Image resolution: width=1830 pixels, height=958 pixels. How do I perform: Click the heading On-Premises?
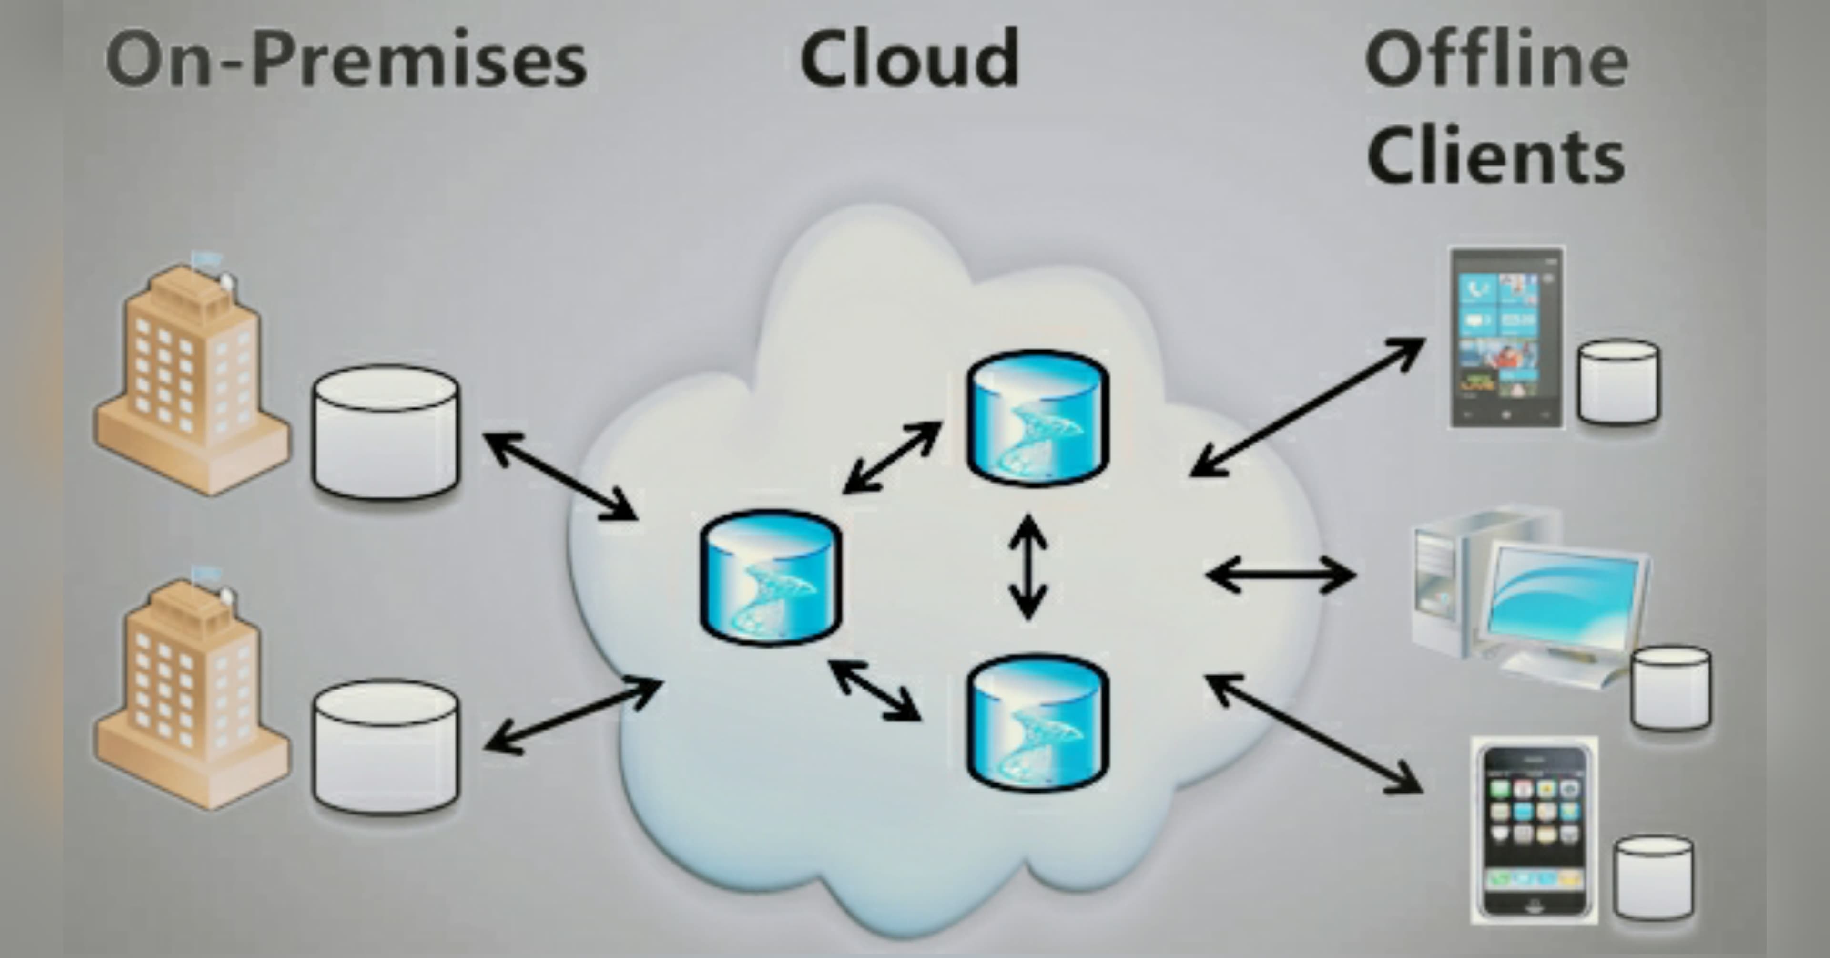pos(346,61)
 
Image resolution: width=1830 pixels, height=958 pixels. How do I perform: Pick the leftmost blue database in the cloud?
pos(771,577)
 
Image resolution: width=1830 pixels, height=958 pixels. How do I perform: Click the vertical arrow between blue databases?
pos(1028,567)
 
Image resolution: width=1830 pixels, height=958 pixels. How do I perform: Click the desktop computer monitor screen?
pos(1566,597)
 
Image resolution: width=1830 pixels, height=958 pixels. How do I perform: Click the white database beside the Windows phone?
pos(1618,381)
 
